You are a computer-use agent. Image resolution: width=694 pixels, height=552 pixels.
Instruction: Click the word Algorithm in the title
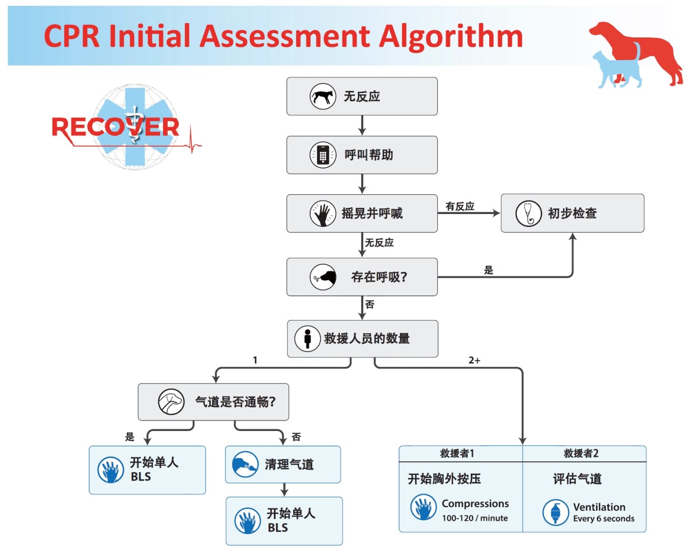450,37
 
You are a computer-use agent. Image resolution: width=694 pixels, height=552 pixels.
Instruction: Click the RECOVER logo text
116,127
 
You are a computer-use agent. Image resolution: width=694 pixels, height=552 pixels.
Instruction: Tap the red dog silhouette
642,50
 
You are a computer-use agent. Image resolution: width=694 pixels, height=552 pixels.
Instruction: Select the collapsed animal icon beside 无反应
323,96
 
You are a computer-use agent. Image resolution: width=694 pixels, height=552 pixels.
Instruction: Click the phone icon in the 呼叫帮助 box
323,155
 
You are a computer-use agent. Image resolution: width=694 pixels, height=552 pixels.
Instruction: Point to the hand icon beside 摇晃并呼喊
323,214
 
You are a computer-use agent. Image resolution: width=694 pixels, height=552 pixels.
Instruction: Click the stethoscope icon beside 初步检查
528,213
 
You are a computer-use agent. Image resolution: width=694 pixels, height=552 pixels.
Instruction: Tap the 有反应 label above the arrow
460,206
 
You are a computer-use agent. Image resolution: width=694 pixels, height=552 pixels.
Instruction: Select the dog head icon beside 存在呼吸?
323,277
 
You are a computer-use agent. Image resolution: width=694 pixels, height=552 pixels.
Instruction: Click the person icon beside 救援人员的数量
308,338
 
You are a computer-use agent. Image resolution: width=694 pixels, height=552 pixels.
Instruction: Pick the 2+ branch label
474,360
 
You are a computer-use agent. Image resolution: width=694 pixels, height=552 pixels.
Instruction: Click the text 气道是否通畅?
235,402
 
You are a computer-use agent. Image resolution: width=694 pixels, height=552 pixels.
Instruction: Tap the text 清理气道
289,464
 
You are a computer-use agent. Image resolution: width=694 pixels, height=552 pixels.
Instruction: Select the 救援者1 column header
457,454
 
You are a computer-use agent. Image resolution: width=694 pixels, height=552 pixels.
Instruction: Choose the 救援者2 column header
581,454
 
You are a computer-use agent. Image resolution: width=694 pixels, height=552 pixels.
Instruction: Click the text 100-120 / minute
474,518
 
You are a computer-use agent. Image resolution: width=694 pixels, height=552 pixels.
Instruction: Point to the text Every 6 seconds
603,519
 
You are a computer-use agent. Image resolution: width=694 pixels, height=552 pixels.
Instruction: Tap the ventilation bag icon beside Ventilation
555,512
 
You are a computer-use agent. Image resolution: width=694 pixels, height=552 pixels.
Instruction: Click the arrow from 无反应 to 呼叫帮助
362,126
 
